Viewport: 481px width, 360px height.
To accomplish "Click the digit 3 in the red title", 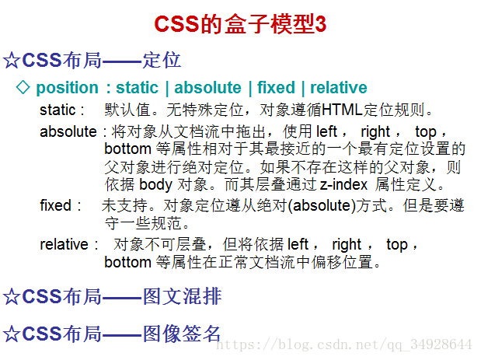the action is coord(321,24).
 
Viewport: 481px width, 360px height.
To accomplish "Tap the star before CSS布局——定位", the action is coord(12,60).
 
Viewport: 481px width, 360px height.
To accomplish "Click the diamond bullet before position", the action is coord(23,87).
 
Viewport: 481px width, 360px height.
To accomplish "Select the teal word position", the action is coord(67,88).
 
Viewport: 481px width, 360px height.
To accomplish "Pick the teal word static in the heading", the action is coord(137,87).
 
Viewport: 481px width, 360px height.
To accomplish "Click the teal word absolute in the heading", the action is coord(207,87).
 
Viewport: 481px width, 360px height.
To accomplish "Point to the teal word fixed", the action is coord(276,87).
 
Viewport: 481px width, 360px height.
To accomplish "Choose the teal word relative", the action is coord(339,87).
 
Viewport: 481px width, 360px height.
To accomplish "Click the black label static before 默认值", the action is coord(58,110).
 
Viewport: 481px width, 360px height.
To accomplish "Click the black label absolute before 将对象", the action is coord(68,131).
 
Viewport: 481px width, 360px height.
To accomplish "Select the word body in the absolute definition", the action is coord(156,185).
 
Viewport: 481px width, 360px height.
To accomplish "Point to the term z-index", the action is coord(343,184).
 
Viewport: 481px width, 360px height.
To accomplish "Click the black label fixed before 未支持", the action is coord(55,205).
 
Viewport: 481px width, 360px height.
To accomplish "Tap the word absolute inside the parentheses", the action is coord(322,205).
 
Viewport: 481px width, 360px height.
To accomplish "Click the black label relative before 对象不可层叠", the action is coord(64,245).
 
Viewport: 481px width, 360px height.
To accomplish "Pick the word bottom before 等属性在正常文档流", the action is coord(128,262).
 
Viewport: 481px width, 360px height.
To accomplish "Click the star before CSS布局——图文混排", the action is coord(12,297).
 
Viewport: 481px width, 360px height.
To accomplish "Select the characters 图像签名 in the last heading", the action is coord(182,334).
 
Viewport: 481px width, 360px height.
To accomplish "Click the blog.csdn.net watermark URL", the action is coord(344,344).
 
